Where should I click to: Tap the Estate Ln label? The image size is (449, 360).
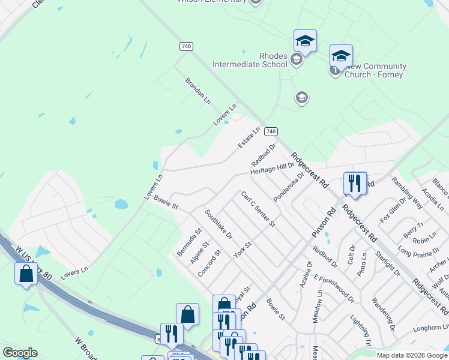[249, 138]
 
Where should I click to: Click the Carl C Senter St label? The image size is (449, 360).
[258, 209]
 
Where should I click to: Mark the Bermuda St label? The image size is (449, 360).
[189, 242]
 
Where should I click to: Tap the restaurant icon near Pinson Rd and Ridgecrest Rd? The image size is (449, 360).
[355, 183]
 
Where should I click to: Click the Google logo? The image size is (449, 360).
[20, 353]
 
